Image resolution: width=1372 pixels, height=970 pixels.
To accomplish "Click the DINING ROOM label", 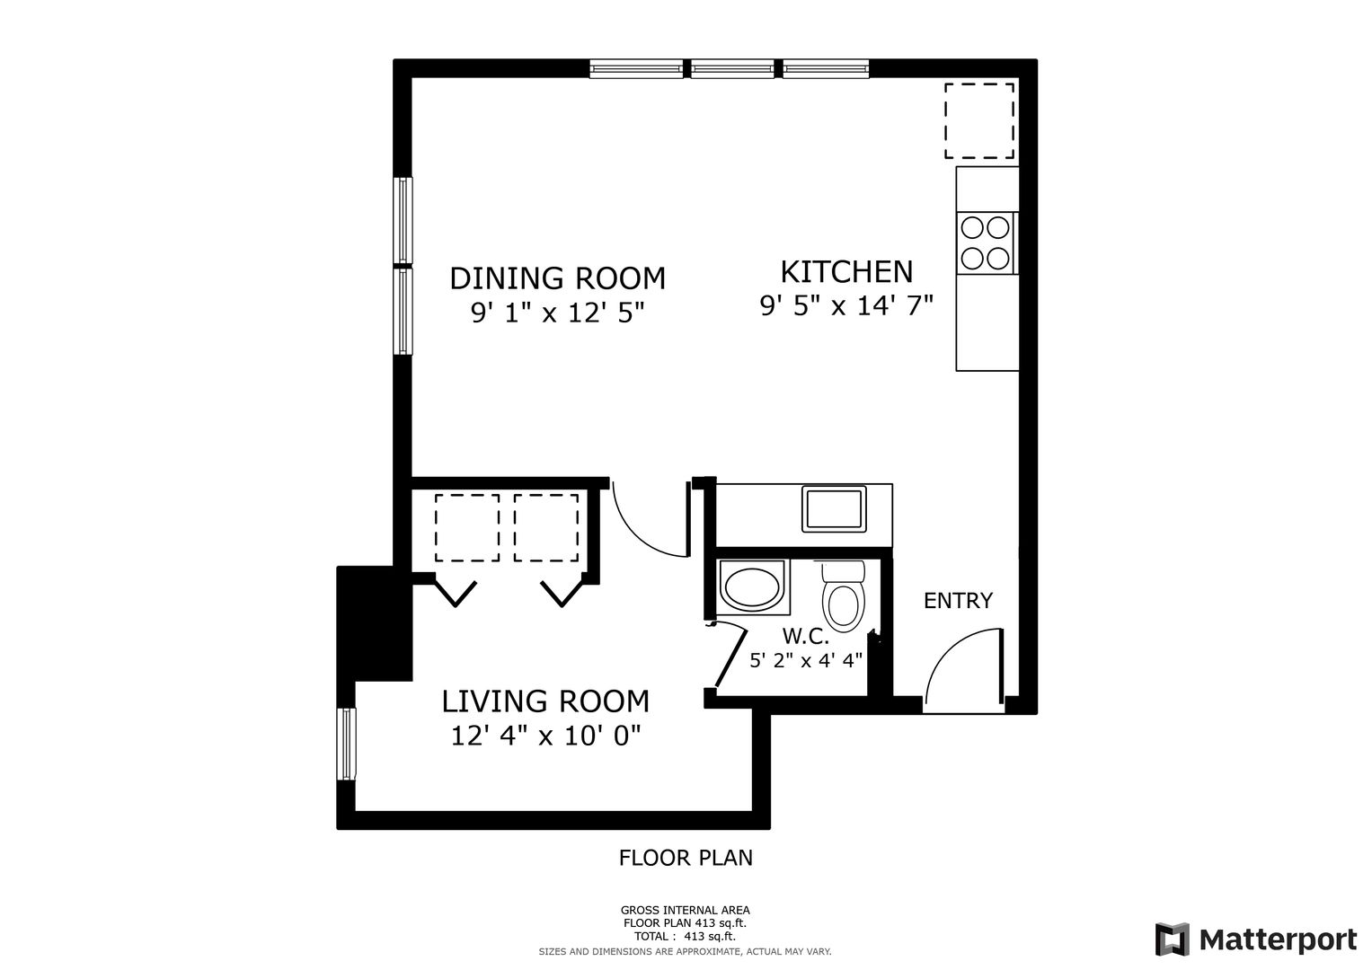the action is pos(557,278).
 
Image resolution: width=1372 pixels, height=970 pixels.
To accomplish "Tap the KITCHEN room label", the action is pos(846,272).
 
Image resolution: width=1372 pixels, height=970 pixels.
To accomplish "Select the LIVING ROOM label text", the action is pos(545,701).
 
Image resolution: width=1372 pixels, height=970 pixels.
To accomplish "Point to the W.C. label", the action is pos(805,637).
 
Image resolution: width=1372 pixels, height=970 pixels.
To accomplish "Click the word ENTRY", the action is pos(958,601).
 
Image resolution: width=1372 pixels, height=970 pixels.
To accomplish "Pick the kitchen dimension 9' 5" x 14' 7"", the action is pos(846,305).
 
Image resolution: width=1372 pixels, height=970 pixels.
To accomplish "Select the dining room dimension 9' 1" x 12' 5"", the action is pos(557,313).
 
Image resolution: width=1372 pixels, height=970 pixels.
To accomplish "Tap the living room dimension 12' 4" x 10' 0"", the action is pos(545,736).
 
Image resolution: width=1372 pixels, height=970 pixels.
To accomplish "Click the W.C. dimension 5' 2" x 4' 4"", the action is pos(805,660).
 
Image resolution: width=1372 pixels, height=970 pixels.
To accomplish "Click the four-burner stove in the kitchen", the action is pos(986,243).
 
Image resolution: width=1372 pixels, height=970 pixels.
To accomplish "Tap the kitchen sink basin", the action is pos(834,509).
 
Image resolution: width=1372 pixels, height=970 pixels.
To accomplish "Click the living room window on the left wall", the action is pos(346,744).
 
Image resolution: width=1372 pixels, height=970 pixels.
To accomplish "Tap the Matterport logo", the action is pos(1256,939).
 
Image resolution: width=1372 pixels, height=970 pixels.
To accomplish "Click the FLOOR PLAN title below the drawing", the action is pos(686,858).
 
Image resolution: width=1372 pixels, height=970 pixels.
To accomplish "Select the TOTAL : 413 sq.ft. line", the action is pos(685,936).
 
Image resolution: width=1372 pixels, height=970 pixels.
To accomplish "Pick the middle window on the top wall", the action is pos(732,68).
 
